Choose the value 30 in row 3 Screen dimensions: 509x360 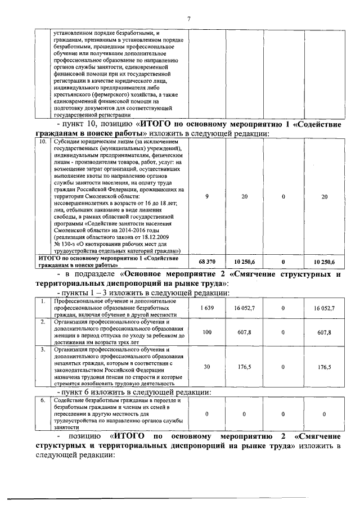click(x=208, y=367)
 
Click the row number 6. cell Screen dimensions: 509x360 click(x=42, y=400)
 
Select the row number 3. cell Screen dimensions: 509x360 click(x=42, y=349)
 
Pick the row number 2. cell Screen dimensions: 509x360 click(x=42, y=322)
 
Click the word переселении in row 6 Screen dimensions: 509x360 click(x=70, y=414)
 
